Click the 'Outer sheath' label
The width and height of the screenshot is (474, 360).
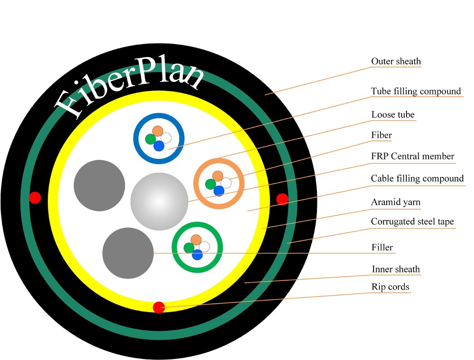click(396, 61)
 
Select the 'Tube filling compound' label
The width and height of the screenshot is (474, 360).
click(415, 91)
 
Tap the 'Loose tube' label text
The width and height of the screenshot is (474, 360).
click(393, 115)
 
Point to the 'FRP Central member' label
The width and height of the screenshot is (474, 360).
click(412, 156)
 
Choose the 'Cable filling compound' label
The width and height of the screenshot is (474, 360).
click(417, 179)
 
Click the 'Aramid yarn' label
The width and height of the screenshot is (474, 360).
click(395, 202)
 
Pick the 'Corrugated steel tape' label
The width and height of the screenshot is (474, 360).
click(412, 221)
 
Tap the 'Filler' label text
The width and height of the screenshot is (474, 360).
click(382, 247)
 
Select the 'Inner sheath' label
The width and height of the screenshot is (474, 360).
click(396, 270)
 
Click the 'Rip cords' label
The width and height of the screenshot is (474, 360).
click(390, 287)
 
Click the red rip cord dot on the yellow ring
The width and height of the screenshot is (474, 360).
click(158, 307)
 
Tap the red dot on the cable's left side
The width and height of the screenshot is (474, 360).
click(35, 197)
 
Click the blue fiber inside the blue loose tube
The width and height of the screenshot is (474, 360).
click(158, 146)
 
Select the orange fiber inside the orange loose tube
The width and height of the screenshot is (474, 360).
click(218, 175)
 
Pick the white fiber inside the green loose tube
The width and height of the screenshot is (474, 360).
click(204, 246)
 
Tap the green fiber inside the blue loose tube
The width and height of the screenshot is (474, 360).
click(150, 139)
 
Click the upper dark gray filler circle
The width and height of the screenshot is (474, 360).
click(99, 185)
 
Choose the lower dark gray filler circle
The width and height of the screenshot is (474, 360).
click(128, 253)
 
